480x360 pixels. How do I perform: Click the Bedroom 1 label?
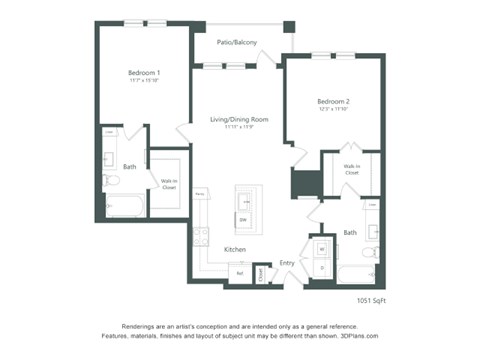145,73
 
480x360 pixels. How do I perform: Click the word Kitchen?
235,249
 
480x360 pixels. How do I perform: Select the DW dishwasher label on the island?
242,218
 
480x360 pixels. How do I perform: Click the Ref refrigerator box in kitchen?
240,272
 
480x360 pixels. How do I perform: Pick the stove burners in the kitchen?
200,237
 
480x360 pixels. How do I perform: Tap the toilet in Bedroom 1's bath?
112,181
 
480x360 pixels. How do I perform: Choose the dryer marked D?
321,267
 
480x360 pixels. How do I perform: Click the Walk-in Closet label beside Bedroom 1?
168,183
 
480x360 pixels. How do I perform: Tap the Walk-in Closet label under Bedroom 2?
352,170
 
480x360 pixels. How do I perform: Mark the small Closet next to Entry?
260,273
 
